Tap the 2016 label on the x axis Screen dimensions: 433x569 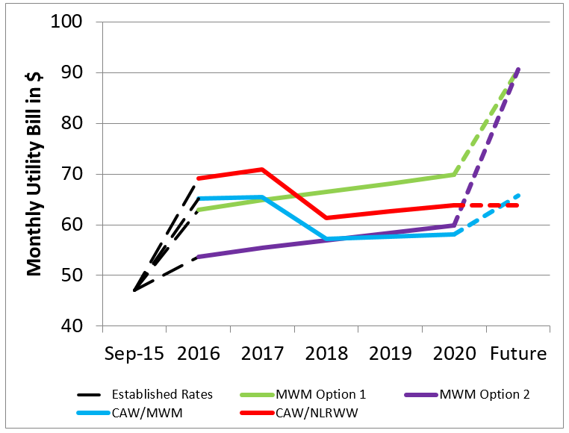(x=198, y=352)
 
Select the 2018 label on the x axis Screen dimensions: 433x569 (x=326, y=352)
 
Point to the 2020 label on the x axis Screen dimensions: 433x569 (x=454, y=352)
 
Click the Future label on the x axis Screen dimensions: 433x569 (x=518, y=352)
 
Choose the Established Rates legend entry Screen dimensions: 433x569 (x=146, y=394)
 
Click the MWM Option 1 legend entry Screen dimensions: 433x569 (x=313, y=394)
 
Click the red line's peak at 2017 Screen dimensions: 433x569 (x=262, y=169)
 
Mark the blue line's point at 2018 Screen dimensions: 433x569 (x=326, y=239)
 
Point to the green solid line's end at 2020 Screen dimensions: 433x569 (x=454, y=174)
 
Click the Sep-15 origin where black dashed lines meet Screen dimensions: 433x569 (x=134, y=290)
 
